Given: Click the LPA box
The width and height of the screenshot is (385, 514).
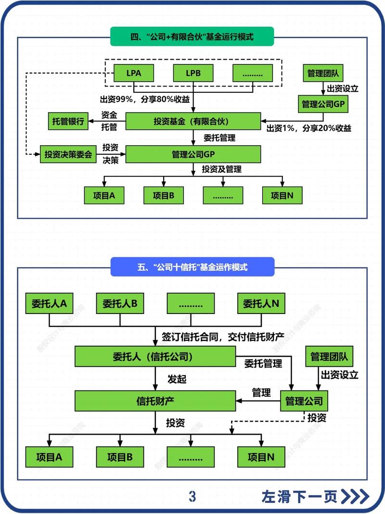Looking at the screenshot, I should pos(133,74).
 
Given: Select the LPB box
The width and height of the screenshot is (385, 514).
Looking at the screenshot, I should pos(192,74).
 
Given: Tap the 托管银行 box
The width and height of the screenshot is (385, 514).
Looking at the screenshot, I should pos(68,122).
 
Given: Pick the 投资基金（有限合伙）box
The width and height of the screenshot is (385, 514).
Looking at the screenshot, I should pos(193,122).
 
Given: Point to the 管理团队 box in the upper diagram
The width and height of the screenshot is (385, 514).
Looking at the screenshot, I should pos(323,74).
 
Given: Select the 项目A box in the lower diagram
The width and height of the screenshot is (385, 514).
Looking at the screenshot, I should pos(49,457).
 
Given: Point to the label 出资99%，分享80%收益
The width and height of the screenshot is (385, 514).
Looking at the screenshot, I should pos(144,100).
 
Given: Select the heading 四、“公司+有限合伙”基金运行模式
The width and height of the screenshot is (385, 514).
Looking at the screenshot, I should pos(192,36).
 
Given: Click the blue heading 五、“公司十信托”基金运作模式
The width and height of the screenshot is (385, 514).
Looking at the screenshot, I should pos(192,267).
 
